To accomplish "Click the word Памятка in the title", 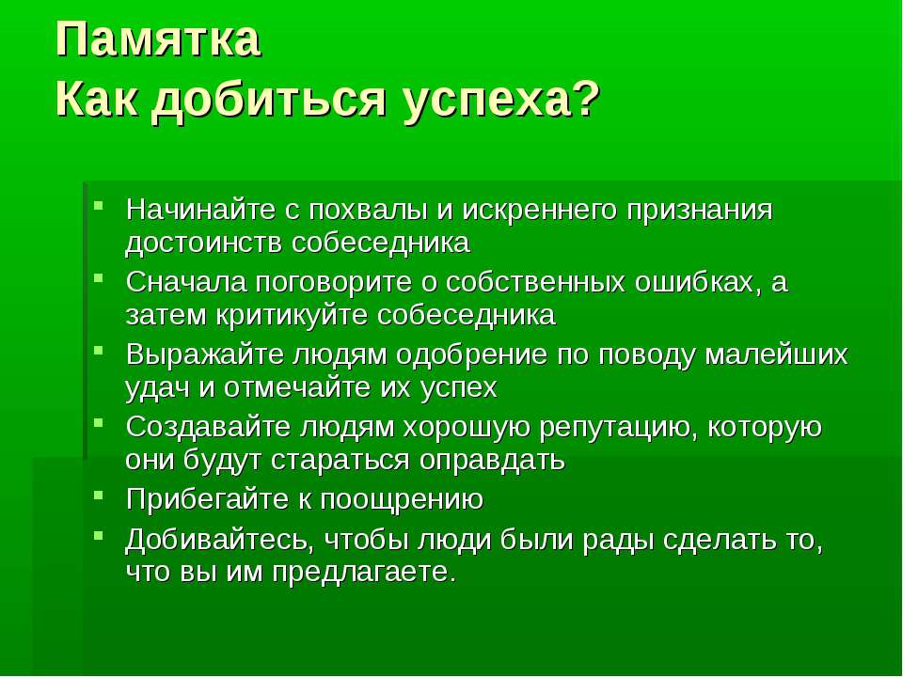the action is (158, 40).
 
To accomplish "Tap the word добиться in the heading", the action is (268, 101).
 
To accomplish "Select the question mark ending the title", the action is (583, 98).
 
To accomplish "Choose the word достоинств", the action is (203, 243).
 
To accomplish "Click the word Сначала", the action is (186, 283).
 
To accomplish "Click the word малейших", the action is (776, 355).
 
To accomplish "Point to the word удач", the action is (157, 388).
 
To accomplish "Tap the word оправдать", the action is (492, 461).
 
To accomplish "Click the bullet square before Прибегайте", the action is (99, 494).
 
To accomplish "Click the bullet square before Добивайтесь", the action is (99, 535).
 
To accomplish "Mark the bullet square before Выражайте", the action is (99, 350).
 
